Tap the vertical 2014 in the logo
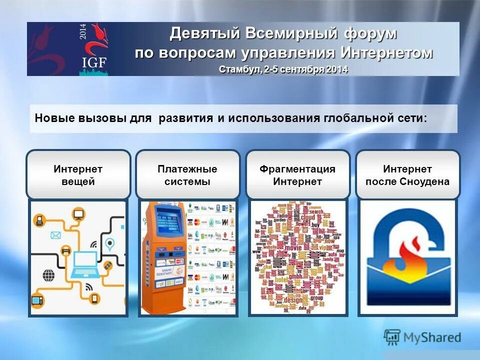coord(83,38)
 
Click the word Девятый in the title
coord(204,34)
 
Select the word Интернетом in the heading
coord(387,52)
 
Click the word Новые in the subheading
coord(54,118)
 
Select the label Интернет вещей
coord(78,175)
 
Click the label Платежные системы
coord(187,175)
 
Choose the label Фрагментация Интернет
coord(297,175)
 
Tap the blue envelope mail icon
coord(54,235)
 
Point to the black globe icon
coord(49,274)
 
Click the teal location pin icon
coord(109,244)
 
